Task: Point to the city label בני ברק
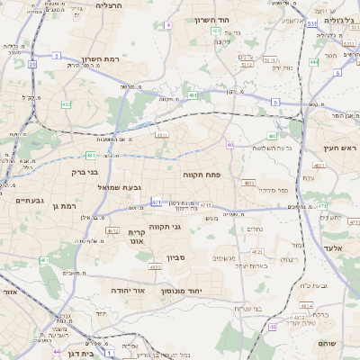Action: tap(85, 170)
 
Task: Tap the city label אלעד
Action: tap(330, 246)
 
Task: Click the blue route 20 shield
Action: tap(32, 65)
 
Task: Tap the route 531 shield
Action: tap(310, 25)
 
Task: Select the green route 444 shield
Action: tap(314, 62)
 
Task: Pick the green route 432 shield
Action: tap(66, 104)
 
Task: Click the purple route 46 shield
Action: tap(230, 144)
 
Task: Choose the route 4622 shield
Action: tap(155, 267)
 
